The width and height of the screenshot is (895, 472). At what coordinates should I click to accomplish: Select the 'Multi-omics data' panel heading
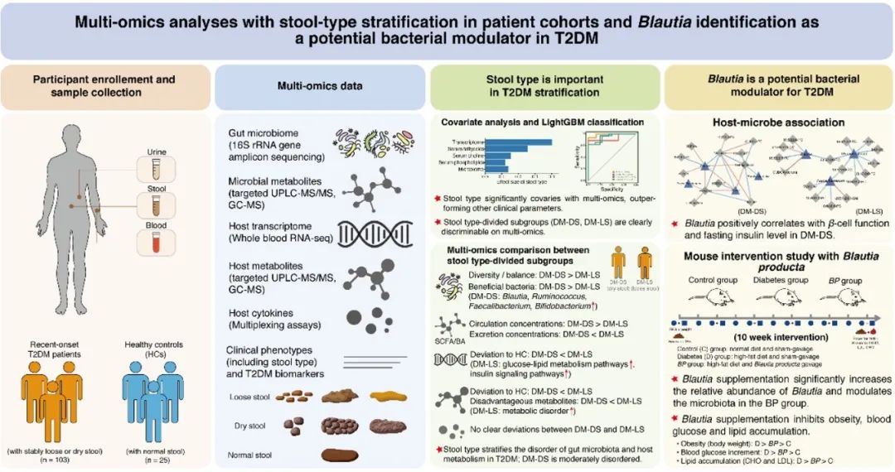[x=317, y=86]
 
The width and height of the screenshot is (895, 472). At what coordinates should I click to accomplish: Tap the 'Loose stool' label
[x=252, y=397]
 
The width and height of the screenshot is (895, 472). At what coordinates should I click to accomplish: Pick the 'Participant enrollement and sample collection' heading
[x=104, y=86]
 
